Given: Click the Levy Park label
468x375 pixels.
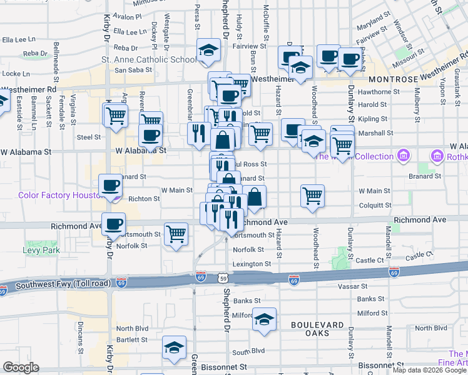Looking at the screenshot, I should click(42, 250).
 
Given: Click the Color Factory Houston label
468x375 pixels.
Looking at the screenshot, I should click(60, 195).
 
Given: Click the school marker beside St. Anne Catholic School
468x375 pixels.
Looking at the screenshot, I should click(209, 51).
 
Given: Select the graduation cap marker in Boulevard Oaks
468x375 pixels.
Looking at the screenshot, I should click(265, 319).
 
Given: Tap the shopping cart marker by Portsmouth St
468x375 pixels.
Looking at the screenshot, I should click(176, 234).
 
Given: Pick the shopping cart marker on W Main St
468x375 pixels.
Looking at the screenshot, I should click(312, 195).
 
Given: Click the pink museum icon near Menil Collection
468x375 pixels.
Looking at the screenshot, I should click(404, 155).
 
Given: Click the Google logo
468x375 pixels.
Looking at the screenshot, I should click(21, 367).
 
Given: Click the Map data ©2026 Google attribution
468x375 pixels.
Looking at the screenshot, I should click(429, 370).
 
